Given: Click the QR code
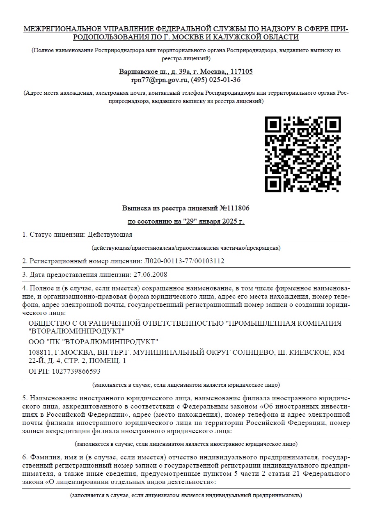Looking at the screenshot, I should (x=303, y=154).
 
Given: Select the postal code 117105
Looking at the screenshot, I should (x=242, y=72).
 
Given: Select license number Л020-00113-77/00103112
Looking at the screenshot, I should (x=184, y=261).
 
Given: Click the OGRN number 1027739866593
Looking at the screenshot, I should (x=75, y=372).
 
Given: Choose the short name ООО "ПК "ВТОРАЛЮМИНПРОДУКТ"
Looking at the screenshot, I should (x=93, y=341).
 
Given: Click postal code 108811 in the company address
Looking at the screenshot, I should (x=39, y=352).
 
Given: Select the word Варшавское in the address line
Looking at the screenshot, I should (x=136, y=72).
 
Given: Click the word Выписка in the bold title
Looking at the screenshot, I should (x=135, y=208).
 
